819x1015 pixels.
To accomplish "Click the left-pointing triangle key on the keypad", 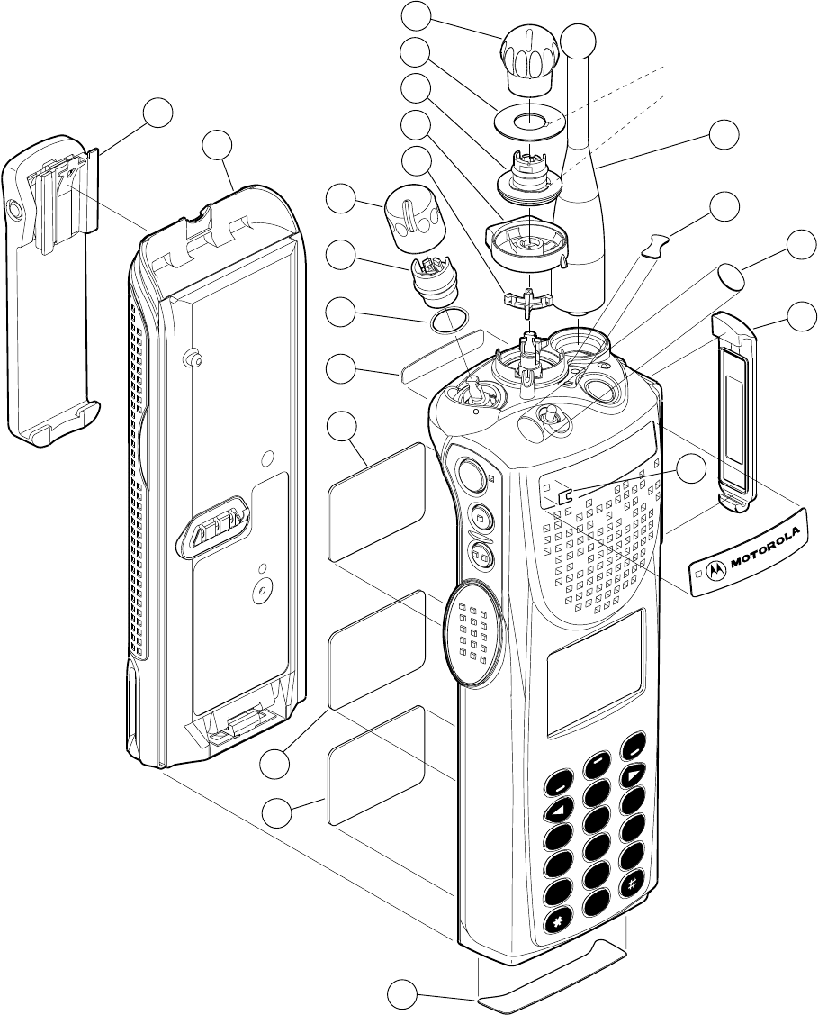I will [x=559, y=809].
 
